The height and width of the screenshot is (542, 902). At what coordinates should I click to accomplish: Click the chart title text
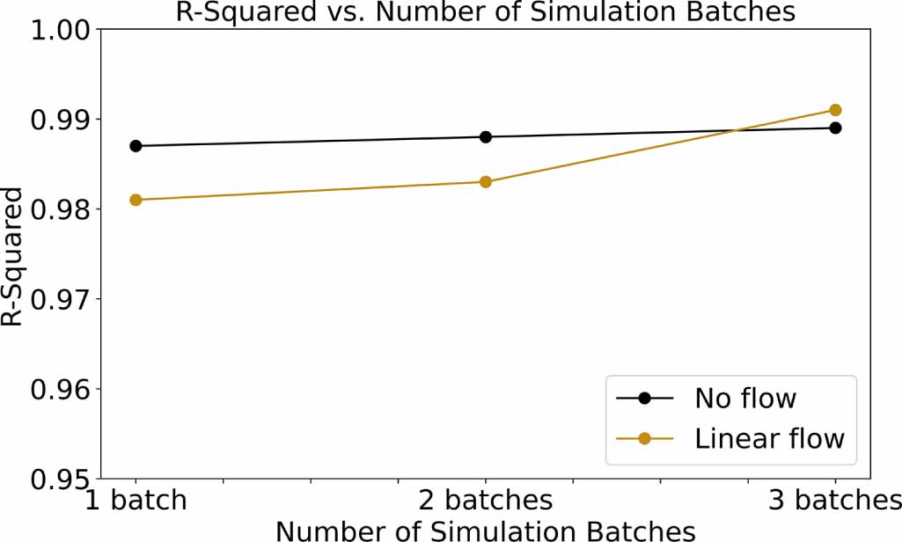pos(485,11)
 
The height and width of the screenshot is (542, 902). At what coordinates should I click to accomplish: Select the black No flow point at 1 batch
pos(136,146)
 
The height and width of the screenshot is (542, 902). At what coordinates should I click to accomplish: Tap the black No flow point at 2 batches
pos(486,136)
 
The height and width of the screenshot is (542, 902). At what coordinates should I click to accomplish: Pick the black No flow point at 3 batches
pos(835,128)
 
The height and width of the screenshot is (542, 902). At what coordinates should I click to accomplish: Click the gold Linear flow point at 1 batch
pos(136,200)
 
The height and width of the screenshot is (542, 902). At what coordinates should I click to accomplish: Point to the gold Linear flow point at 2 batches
pos(486,182)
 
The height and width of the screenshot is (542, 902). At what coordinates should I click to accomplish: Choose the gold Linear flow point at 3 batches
pos(835,110)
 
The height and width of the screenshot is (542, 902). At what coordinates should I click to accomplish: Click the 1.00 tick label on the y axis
pos(61,30)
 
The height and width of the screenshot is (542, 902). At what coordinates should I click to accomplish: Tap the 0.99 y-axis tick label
pos(61,120)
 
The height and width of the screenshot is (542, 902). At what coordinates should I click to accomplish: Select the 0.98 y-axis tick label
pos(61,209)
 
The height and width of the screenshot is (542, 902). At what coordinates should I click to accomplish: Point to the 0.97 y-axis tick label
pos(61,299)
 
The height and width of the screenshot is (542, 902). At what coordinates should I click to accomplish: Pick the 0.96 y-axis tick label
pos(61,389)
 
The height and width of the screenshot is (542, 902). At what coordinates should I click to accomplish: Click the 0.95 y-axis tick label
pos(61,480)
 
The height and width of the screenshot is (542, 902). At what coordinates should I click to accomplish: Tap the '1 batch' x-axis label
pos(136,501)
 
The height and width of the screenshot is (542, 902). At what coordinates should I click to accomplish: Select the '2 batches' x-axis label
pos(486,501)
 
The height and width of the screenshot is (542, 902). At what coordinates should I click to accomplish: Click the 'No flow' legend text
pos(745,399)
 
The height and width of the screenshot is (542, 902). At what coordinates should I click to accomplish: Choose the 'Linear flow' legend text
pos(769,438)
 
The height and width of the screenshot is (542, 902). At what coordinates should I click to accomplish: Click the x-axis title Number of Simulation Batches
pos(485,530)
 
